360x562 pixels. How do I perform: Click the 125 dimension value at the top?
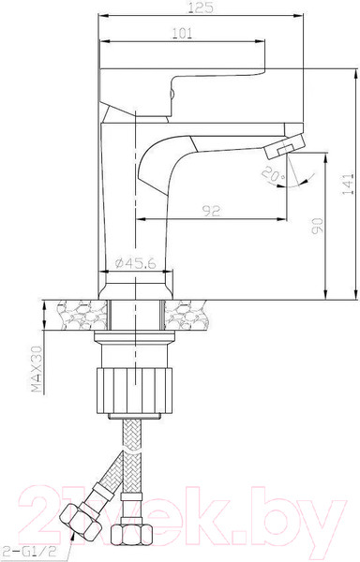[x=201, y=7]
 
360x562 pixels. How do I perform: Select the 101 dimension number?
[x=183, y=34]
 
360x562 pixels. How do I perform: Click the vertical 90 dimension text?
[x=317, y=226]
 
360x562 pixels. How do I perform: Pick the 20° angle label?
[x=274, y=174]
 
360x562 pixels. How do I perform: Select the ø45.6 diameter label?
[x=136, y=263]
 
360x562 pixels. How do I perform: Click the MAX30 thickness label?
[x=37, y=369]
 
